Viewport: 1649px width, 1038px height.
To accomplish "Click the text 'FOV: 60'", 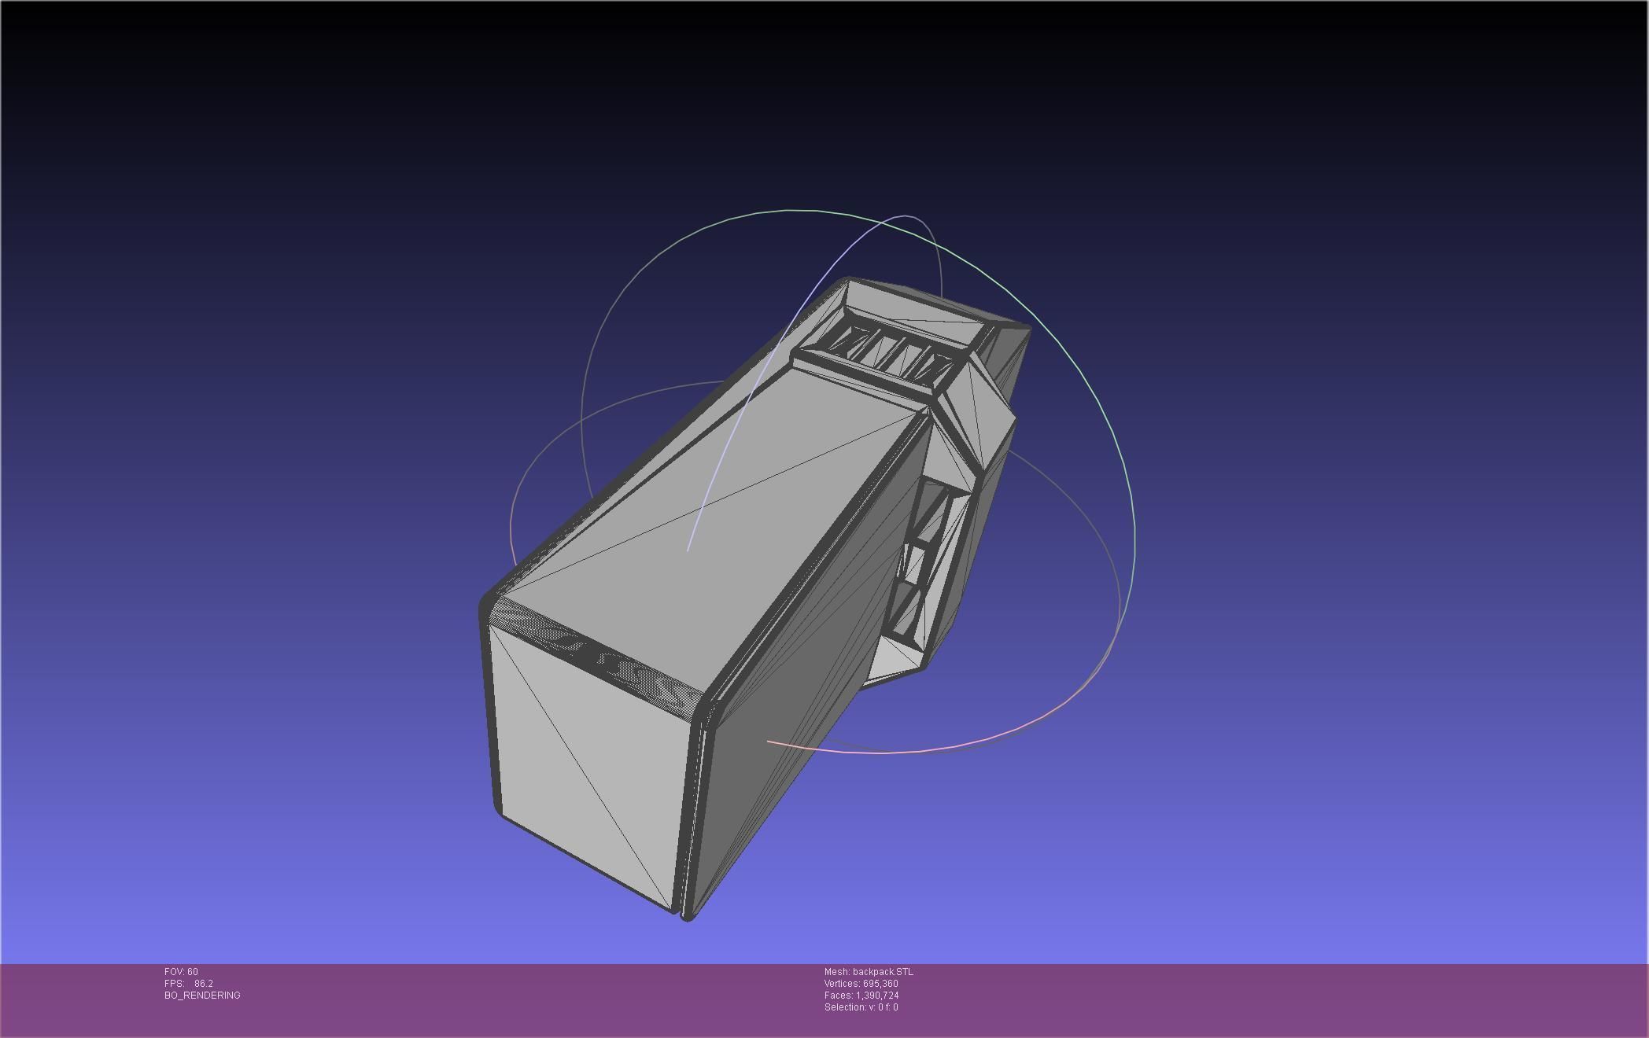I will click(181, 972).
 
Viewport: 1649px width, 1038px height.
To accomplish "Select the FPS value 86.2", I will click(204, 984).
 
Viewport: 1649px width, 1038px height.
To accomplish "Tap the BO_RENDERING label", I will click(202, 996).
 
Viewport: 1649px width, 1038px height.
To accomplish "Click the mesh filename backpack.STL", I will click(883, 972).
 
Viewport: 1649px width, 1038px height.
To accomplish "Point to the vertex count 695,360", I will click(880, 984).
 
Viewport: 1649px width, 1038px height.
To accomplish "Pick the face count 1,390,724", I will click(877, 996).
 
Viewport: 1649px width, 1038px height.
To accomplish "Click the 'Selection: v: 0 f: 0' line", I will click(861, 1007).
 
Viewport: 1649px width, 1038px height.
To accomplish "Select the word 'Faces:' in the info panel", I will click(839, 996).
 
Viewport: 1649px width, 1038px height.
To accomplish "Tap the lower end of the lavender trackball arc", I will click(688, 550).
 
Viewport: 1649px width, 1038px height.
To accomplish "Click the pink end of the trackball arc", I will click(769, 742).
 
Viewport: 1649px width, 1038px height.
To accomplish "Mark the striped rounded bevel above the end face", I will click(598, 653).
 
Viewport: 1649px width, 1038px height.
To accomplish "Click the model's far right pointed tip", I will click(1027, 329).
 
